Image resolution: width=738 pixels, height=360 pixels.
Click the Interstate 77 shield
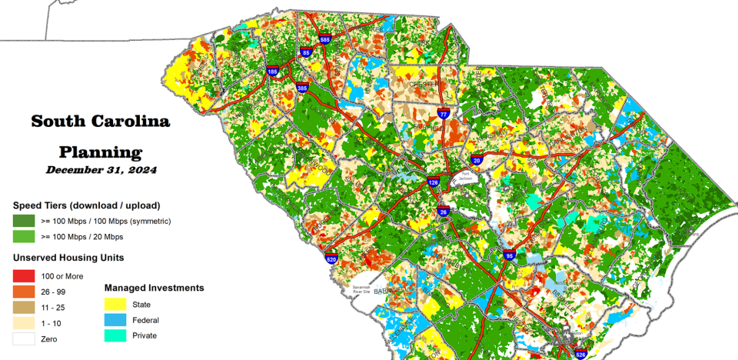(x=443, y=113)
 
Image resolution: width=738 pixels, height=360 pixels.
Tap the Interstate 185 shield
(x=273, y=72)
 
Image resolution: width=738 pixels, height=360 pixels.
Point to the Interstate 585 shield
(x=325, y=39)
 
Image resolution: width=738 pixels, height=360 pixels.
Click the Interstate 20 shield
(x=477, y=160)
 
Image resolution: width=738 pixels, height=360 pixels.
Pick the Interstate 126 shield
(x=434, y=183)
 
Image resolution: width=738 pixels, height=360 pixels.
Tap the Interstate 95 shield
(x=508, y=255)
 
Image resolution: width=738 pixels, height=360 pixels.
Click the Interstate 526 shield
(x=581, y=354)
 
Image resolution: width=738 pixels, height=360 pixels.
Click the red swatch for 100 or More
(x=24, y=276)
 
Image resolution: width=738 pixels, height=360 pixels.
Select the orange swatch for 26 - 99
(x=24, y=292)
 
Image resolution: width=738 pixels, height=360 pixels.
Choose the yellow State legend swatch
(x=116, y=304)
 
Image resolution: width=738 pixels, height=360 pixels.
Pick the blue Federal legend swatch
(x=116, y=320)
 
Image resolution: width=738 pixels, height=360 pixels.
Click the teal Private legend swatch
(x=116, y=335)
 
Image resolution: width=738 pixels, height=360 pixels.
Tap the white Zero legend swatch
(x=24, y=338)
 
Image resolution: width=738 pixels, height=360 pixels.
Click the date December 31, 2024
(x=101, y=170)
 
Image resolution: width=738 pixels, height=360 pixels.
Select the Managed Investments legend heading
(x=154, y=288)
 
